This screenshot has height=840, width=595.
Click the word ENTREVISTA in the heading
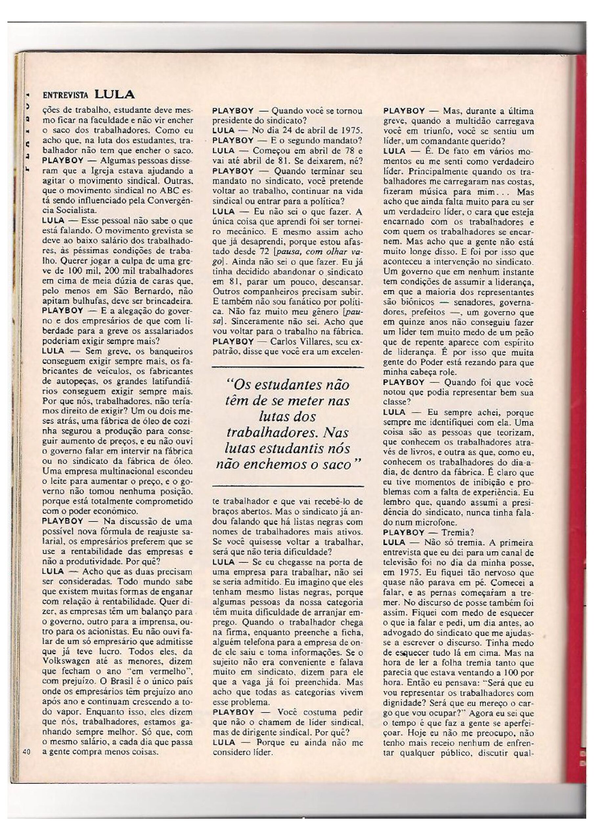click(66, 95)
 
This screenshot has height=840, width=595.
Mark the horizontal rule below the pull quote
click(288, 486)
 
